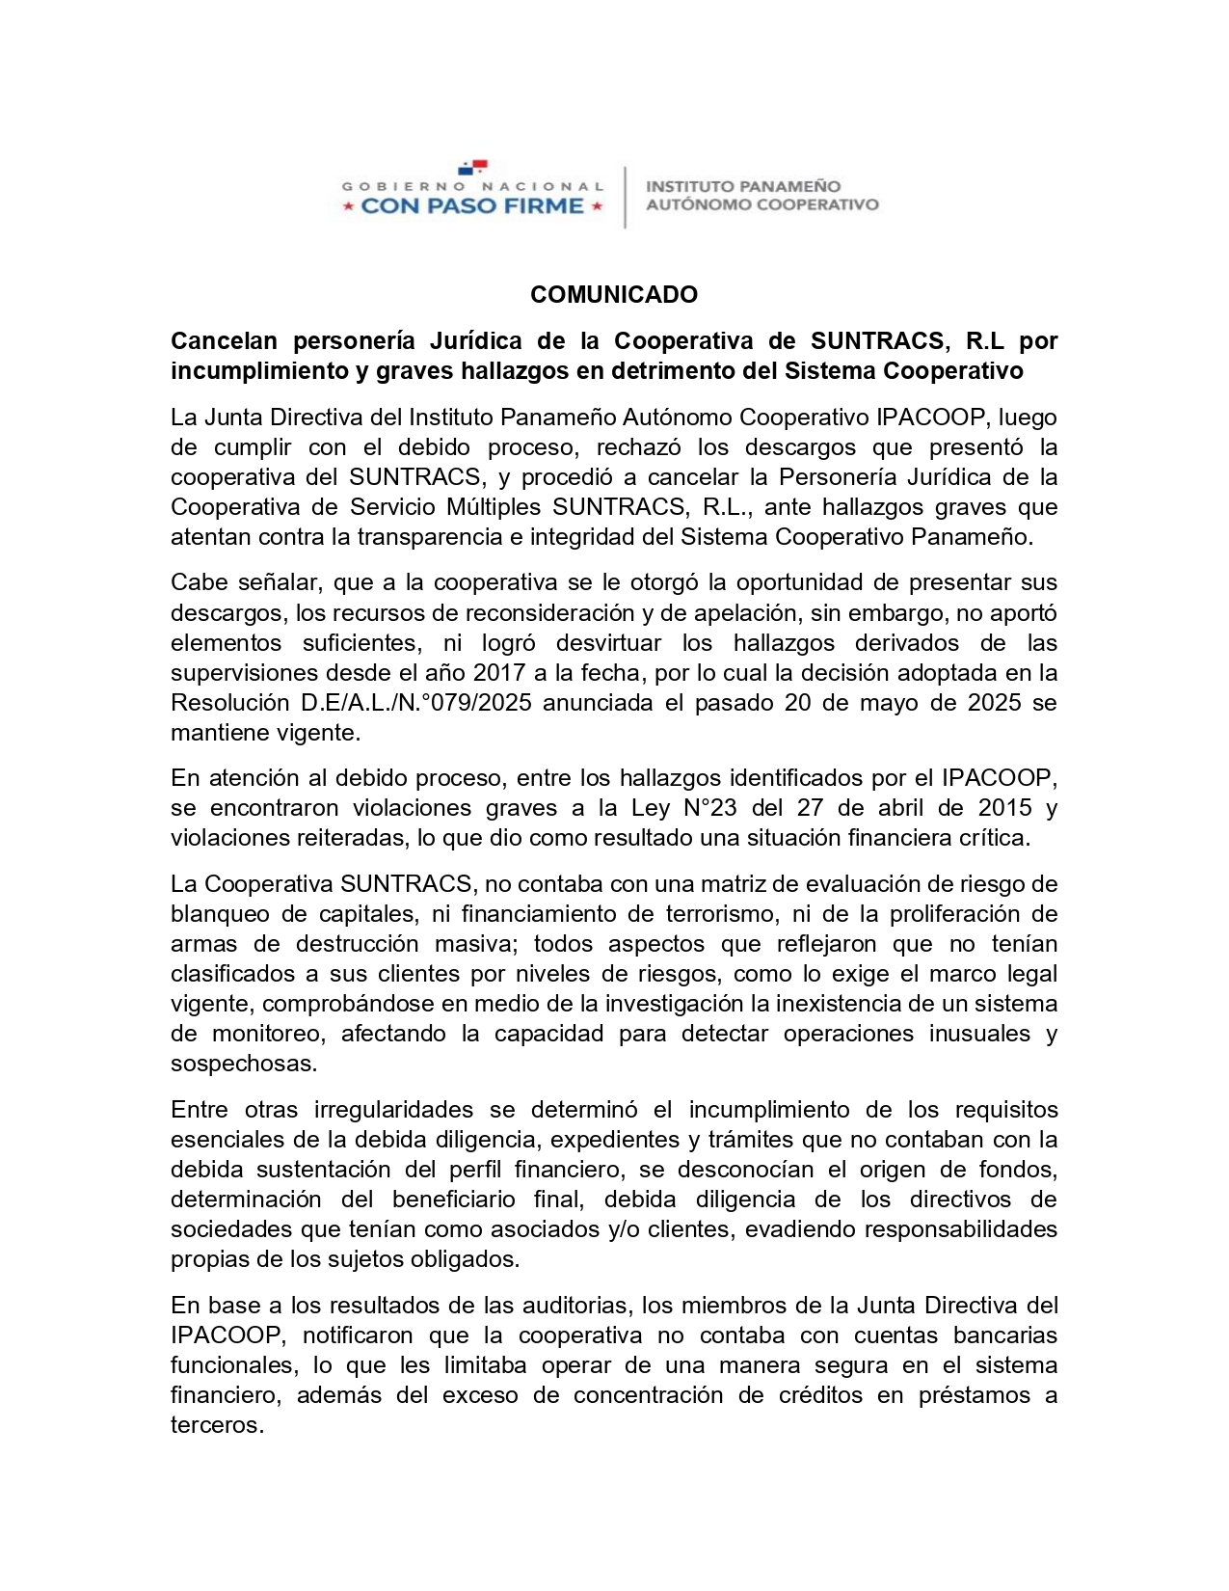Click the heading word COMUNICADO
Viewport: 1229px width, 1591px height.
click(613, 294)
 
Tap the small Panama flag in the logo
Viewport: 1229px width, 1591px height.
click(472, 168)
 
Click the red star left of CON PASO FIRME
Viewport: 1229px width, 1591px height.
click(348, 205)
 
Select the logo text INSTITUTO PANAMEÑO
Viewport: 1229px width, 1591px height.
click(742, 186)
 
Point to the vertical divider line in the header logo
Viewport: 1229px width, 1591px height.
click(625, 198)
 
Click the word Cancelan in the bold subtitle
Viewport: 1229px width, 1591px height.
click(224, 340)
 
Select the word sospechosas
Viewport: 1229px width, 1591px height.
click(243, 1064)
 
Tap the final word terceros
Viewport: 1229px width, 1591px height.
click(216, 1425)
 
